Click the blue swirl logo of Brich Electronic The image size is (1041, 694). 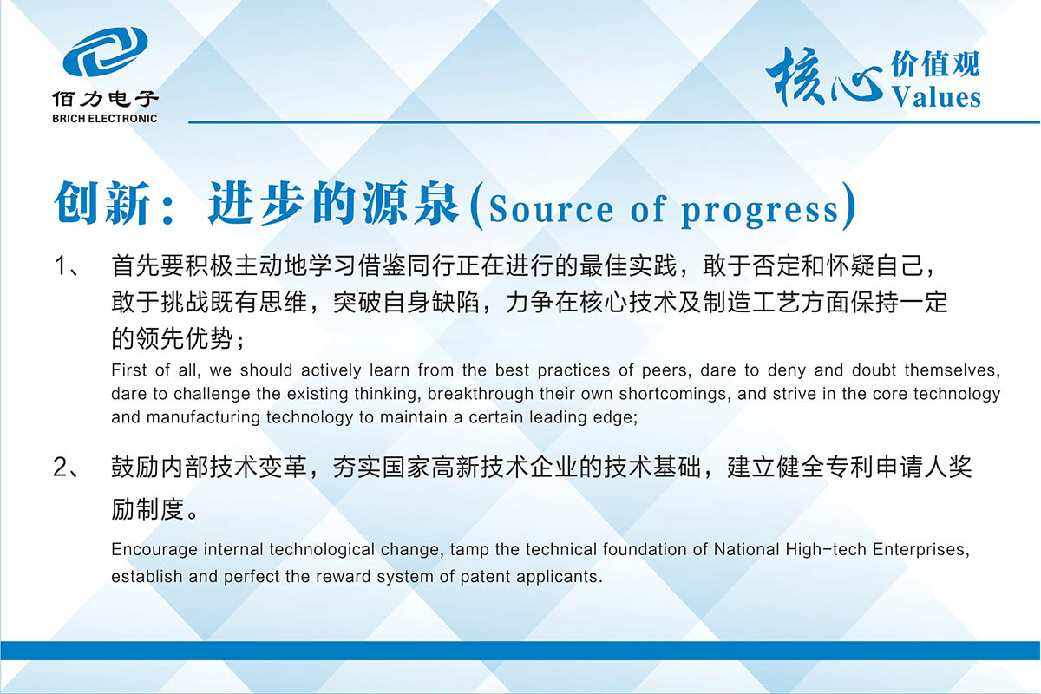click(105, 51)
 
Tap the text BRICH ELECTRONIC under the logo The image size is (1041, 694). click(105, 119)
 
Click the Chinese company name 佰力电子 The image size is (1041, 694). click(105, 99)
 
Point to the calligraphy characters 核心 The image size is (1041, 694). click(824, 77)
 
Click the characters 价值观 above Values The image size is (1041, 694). click(935, 64)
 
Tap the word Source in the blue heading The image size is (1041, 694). click(551, 210)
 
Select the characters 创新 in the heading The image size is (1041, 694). click(102, 203)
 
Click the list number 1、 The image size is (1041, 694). click(68, 265)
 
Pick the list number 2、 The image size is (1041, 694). click(68, 468)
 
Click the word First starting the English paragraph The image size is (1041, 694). click(128, 370)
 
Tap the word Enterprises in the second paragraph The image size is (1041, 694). click(921, 550)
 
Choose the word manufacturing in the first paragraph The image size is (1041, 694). click(203, 417)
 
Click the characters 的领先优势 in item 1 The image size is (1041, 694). click(172, 338)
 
